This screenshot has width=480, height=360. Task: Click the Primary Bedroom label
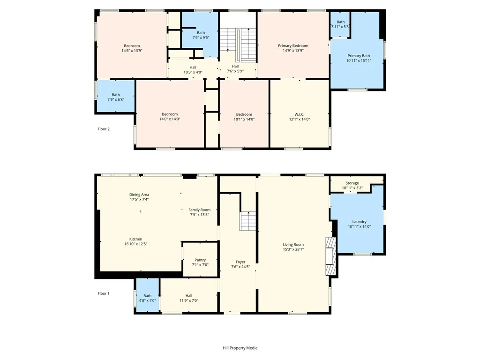coord(293,45)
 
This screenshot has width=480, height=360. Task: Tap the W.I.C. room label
coord(300,114)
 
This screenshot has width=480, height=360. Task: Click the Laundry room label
coord(359,222)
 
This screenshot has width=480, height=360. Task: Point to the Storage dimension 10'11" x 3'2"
coord(352,188)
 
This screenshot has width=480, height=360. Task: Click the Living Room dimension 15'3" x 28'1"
coord(293,249)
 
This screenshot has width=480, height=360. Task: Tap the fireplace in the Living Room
coord(330,256)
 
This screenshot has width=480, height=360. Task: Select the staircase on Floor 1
coord(247,221)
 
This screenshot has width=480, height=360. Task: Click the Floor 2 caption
coord(104,129)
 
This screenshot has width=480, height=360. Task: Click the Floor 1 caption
coord(104,293)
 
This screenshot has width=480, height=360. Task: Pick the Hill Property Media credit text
coord(240,348)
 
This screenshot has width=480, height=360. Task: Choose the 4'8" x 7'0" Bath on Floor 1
coord(147,295)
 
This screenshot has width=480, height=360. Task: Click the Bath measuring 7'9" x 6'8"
coord(116,96)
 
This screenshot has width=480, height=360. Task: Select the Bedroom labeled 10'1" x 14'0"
coord(244,114)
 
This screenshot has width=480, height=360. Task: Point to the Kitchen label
coord(135,239)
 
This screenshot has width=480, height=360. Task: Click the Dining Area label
coord(139,195)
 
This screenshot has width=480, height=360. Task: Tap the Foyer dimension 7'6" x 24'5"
coord(240,267)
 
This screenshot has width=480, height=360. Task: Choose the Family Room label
coord(199,210)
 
